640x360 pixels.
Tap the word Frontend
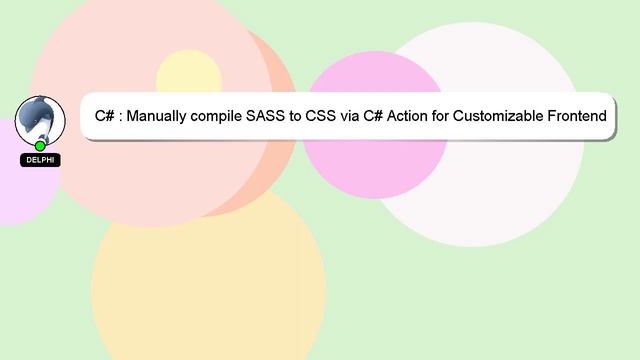pos(577,116)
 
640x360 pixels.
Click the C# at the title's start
pos(104,116)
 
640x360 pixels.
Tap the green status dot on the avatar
pos(40,146)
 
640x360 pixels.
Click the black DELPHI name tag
pos(40,160)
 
